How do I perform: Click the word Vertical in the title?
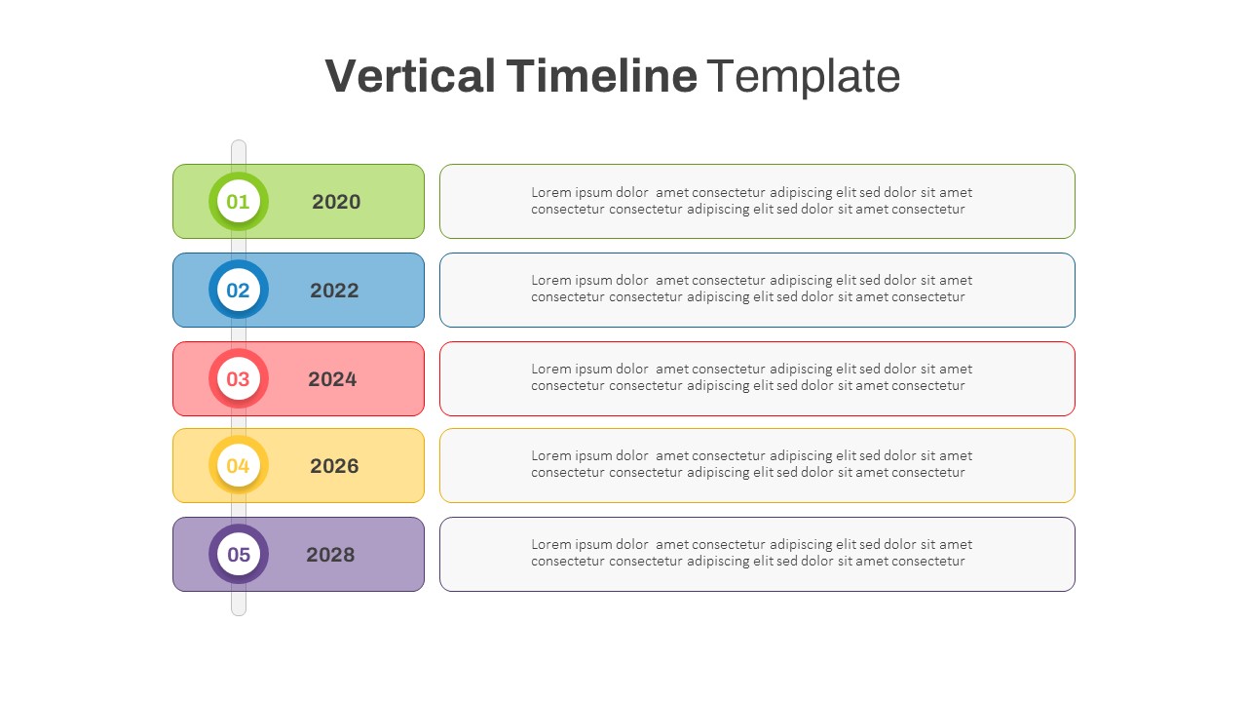pyautogui.click(x=410, y=76)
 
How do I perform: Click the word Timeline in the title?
pyautogui.click(x=601, y=76)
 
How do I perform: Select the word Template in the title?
pyautogui.click(x=803, y=76)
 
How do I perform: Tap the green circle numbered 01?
pyautogui.click(x=239, y=202)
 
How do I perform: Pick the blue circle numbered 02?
pyautogui.click(x=239, y=291)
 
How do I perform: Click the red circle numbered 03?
pyautogui.click(x=239, y=379)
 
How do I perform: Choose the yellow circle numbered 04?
pyautogui.click(x=239, y=466)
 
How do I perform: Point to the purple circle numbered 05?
pyautogui.click(x=239, y=555)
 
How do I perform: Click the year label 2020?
pyautogui.click(x=336, y=202)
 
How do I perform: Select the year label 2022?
pyautogui.click(x=334, y=291)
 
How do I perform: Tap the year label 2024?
pyautogui.click(x=332, y=379)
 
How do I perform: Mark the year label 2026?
pyautogui.click(x=334, y=466)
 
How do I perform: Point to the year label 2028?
pyautogui.click(x=330, y=555)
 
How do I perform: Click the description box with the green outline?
pyautogui.click(x=757, y=201)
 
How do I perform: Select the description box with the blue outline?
pyautogui.click(x=757, y=290)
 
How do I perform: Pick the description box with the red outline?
pyautogui.click(x=757, y=378)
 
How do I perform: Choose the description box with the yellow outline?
pyautogui.click(x=757, y=465)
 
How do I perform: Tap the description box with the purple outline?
pyautogui.click(x=757, y=554)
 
